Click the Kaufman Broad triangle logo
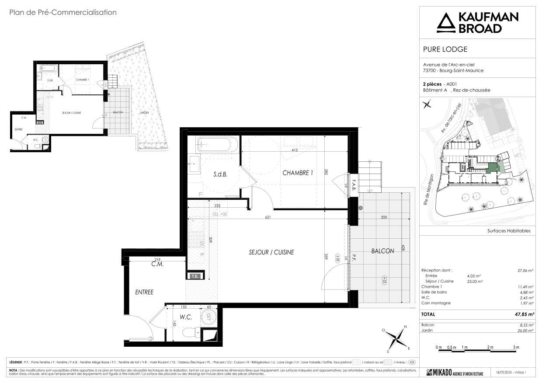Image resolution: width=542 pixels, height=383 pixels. pos(445,23)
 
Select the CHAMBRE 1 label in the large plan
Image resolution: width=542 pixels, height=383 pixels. pos(298,173)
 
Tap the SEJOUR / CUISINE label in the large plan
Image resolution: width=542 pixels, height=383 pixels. pos(271,252)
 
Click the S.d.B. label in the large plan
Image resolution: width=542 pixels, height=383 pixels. pos(220,174)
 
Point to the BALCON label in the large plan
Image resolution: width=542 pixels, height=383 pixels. pos(382,251)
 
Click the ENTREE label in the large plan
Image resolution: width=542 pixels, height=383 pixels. pos(144,292)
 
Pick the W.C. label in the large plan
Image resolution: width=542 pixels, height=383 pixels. pos(186,317)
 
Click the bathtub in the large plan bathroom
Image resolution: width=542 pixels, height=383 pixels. pos(217,144)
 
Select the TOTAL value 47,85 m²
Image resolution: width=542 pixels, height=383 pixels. pos(525,314)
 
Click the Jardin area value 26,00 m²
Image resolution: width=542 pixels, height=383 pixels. pos(525,331)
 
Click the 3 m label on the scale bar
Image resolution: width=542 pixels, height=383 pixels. pos(516,347)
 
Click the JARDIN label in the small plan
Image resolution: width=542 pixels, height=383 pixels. pos(144,112)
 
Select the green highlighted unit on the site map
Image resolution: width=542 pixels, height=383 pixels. pos(493,168)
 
